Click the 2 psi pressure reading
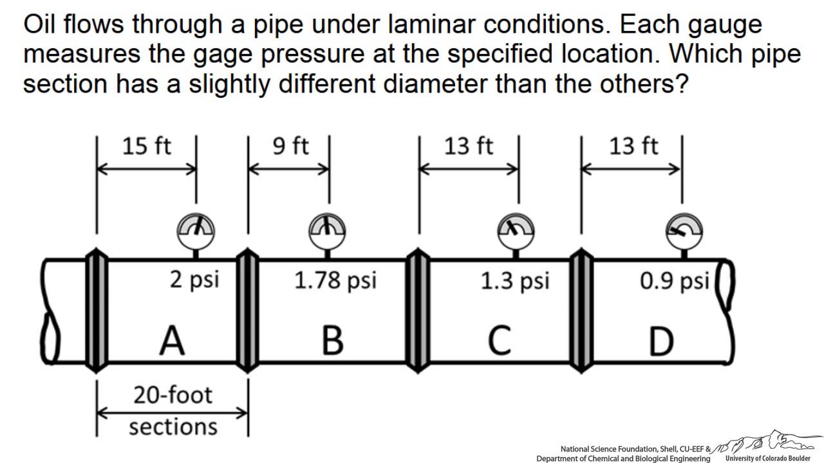click(194, 280)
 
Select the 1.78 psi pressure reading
click(335, 280)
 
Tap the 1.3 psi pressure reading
click(515, 281)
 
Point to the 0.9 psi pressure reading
click(674, 281)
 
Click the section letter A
click(172, 341)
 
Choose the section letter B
click(332, 341)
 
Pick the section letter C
click(499, 341)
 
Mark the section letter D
click(660, 341)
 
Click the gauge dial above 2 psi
click(196, 229)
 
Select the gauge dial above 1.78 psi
click(328, 229)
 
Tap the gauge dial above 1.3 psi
click(516, 229)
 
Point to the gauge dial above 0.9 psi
click(684, 229)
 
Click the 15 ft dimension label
click(147, 147)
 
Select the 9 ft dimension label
click(290, 147)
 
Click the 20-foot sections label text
click(173, 410)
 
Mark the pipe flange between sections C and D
click(582, 312)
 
